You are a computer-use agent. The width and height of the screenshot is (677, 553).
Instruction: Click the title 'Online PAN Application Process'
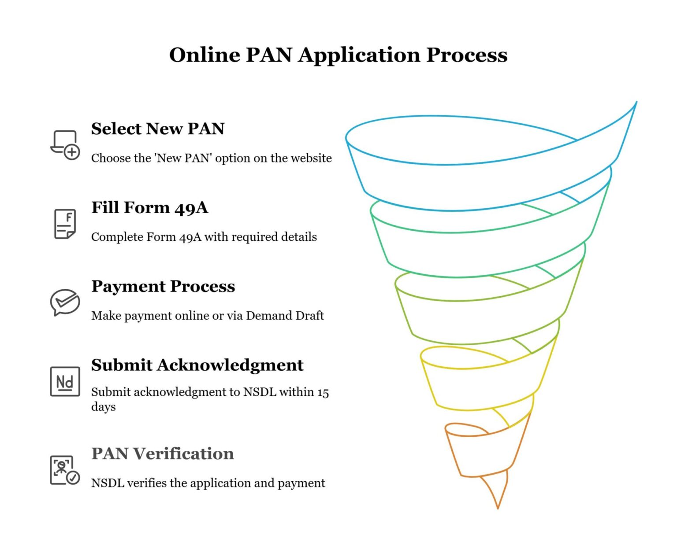(x=338, y=55)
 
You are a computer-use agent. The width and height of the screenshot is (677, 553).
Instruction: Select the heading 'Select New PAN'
(x=158, y=129)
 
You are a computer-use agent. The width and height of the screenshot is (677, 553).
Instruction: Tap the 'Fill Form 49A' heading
(x=149, y=207)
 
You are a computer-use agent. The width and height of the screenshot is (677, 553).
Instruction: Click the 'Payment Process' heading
(x=163, y=286)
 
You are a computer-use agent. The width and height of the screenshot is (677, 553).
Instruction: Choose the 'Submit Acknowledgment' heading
(x=197, y=365)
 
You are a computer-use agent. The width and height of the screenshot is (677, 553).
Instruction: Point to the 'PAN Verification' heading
(x=162, y=453)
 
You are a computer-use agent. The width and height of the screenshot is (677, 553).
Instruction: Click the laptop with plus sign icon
(x=65, y=145)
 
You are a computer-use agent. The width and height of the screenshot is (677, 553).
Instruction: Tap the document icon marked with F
(x=65, y=224)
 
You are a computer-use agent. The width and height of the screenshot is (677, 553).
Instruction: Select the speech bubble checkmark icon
(x=65, y=302)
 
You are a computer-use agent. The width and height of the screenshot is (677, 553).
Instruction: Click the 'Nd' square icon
(x=65, y=381)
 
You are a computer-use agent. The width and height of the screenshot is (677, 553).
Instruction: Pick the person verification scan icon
(x=65, y=470)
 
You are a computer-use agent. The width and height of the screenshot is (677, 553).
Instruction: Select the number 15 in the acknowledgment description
(x=323, y=392)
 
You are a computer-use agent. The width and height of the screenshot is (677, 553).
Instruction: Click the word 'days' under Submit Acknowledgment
(x=103, y=407)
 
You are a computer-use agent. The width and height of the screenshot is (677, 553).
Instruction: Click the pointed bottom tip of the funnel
(x=498, y=506)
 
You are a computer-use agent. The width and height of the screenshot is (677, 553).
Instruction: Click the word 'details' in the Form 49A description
(x=299, y=237)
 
